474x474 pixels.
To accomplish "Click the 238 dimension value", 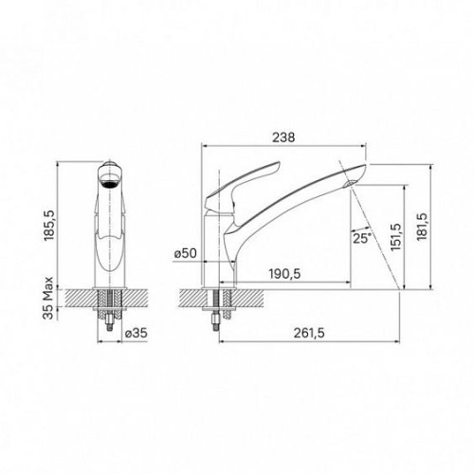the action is point(283,137).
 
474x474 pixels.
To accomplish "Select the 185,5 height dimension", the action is point(49,226).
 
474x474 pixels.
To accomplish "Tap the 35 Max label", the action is point(48,298).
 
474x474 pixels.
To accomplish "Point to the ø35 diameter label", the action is point(137,333).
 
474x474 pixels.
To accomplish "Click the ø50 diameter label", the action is point(186,253).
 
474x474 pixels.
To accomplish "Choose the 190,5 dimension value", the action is point(284,274).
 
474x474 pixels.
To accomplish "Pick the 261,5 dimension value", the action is point(309,333).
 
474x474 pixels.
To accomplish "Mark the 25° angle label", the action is point(362,238).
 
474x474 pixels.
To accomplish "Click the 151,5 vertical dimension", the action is point(395,237).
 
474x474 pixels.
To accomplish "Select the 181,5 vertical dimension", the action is point(422,227).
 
